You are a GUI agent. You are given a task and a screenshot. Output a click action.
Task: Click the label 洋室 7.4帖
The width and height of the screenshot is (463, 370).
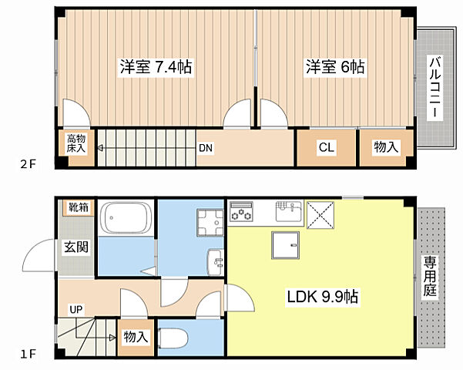(155, 67)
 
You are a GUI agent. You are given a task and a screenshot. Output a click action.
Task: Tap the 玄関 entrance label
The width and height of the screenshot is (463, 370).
(75, 247)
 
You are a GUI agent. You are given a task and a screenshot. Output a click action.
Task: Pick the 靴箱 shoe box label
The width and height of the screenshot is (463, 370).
(78, 207)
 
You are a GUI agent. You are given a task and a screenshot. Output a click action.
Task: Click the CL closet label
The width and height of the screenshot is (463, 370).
(326, 147)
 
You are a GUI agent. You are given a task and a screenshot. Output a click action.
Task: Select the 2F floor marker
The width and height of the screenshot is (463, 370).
(29, 164)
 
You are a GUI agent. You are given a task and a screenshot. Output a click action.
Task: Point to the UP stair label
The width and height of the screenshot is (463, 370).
(75, 309)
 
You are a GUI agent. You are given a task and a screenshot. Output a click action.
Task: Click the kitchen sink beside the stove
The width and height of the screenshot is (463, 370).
(289, 208)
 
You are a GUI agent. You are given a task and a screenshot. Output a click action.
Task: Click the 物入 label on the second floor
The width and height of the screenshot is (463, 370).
(386, 147)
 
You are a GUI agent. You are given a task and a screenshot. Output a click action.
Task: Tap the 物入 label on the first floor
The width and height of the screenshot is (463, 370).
(136, 337)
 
